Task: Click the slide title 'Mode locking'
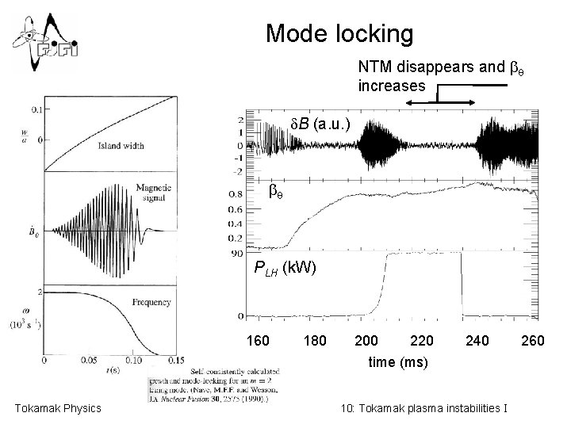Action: click(x=339, y=33)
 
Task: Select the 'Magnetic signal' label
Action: click(x=154, y=191)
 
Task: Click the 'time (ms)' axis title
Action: click(x=398, y=361)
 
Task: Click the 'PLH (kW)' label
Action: click(x=285, y=267)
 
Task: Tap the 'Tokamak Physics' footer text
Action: click(x=58, y=408)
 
